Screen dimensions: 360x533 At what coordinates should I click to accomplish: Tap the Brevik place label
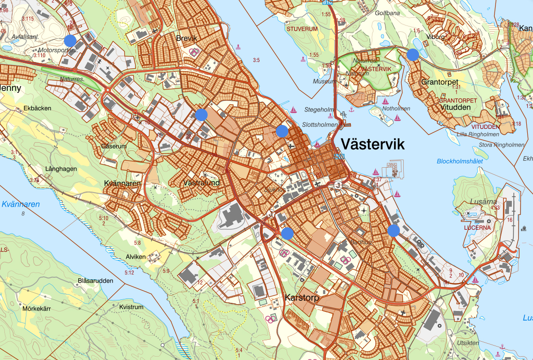point(187,38)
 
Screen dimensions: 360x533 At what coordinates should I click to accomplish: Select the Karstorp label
point(302,298)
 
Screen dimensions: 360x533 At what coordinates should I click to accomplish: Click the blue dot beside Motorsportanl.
point(70,40)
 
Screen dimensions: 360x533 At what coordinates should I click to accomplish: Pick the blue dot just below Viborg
point(412,55)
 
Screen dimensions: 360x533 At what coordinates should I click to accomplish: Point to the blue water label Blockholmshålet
point(459,161)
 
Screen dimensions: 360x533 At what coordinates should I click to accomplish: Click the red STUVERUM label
point(302,29)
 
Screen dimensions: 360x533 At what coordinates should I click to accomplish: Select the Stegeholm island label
point(319,110)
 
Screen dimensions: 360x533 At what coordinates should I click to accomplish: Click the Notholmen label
point(397,109)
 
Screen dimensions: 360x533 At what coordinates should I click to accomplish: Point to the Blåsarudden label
point(95,281)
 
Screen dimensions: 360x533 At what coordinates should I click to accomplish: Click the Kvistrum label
point(131,307)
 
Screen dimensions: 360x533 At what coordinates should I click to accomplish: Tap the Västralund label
point(201,183)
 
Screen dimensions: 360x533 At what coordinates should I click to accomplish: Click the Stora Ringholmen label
point(502,145)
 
